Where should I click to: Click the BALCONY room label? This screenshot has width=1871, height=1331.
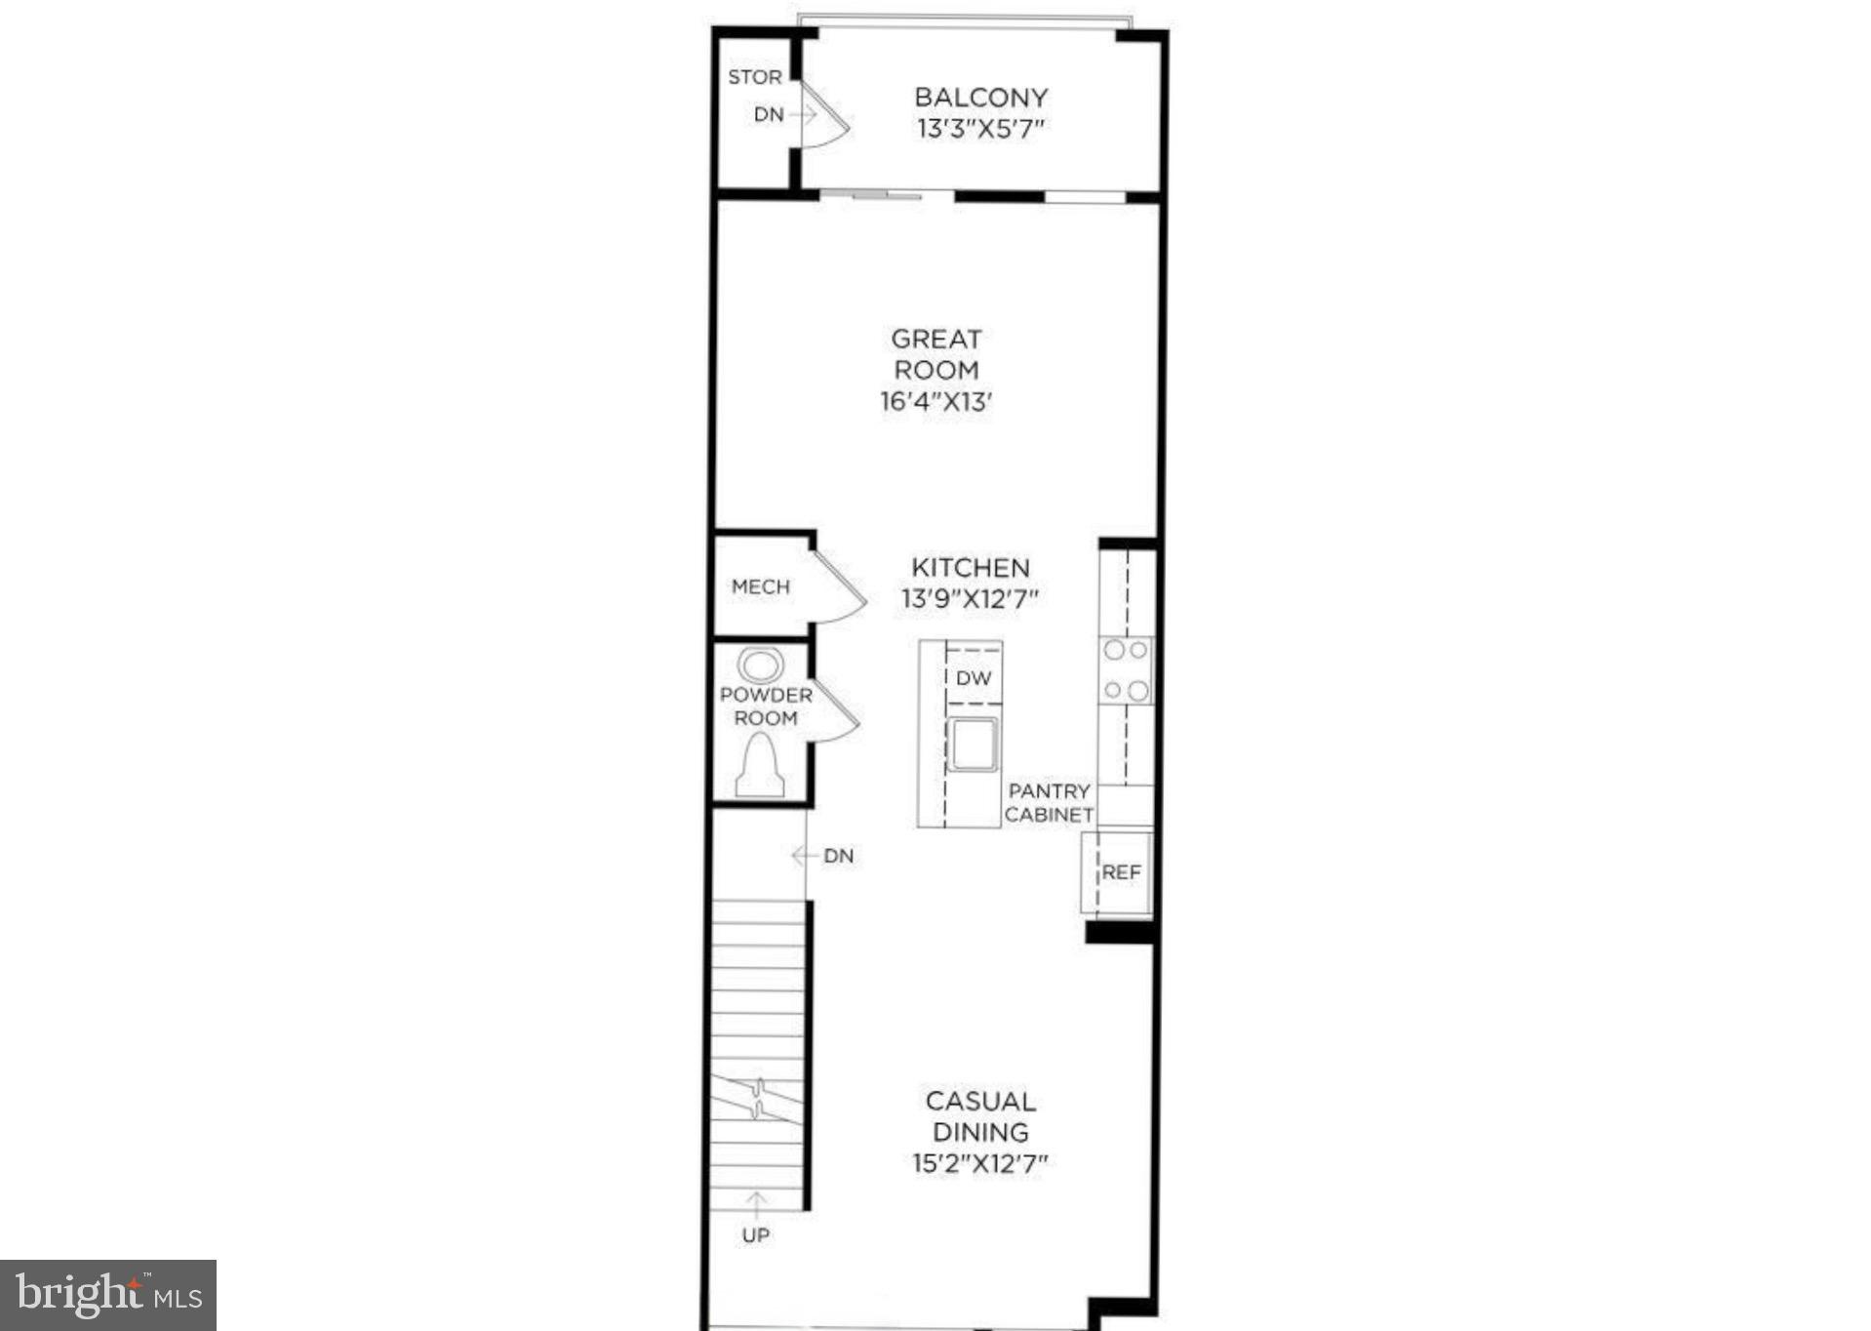[980, 98]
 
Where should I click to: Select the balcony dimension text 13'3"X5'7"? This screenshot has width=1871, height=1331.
[980, 129]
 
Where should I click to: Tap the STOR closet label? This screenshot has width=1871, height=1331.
[754, 77]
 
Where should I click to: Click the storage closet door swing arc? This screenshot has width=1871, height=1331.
[829, 124]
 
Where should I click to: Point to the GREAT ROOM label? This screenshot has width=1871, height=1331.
[935, 354]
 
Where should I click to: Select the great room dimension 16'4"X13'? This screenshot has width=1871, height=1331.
[935, 401]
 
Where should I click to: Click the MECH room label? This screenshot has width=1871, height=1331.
[760, 586]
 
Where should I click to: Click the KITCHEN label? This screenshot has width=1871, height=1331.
[970, 568]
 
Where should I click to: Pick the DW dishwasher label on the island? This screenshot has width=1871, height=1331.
[973, 677]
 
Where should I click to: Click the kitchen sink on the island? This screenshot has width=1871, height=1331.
[972, 744]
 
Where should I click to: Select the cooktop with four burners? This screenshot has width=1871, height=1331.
[1126, 670]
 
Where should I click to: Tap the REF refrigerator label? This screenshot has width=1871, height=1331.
[1121, 872]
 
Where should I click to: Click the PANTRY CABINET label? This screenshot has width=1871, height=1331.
[1049, 802]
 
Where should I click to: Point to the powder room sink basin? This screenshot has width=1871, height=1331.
[760, 666]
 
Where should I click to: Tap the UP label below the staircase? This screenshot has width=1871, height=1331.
[755, 1235]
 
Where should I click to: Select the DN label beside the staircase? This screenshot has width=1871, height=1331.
[837, 856]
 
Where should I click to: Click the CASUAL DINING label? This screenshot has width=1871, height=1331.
[979, 1116]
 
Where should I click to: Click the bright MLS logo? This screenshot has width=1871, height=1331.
[108, 1295]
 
